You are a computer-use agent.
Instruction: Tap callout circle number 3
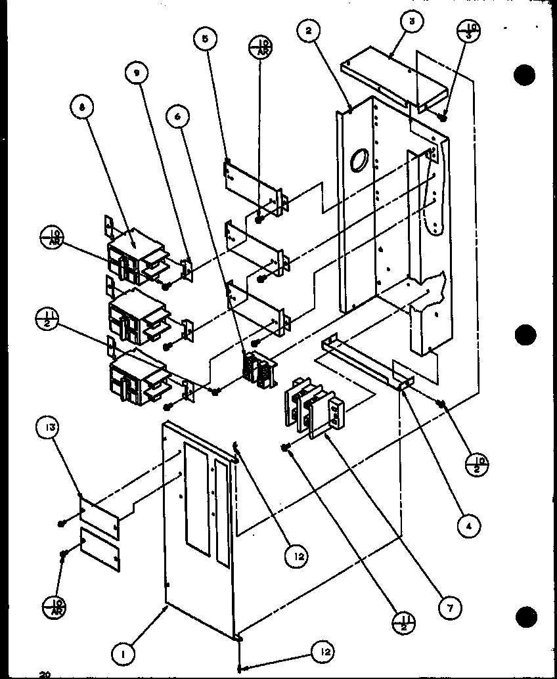click(411, 21)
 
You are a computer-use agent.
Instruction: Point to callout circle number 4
click(468, 525)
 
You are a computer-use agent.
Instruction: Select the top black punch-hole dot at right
click(526, 75)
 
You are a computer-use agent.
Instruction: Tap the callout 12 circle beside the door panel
click(297, 556)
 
